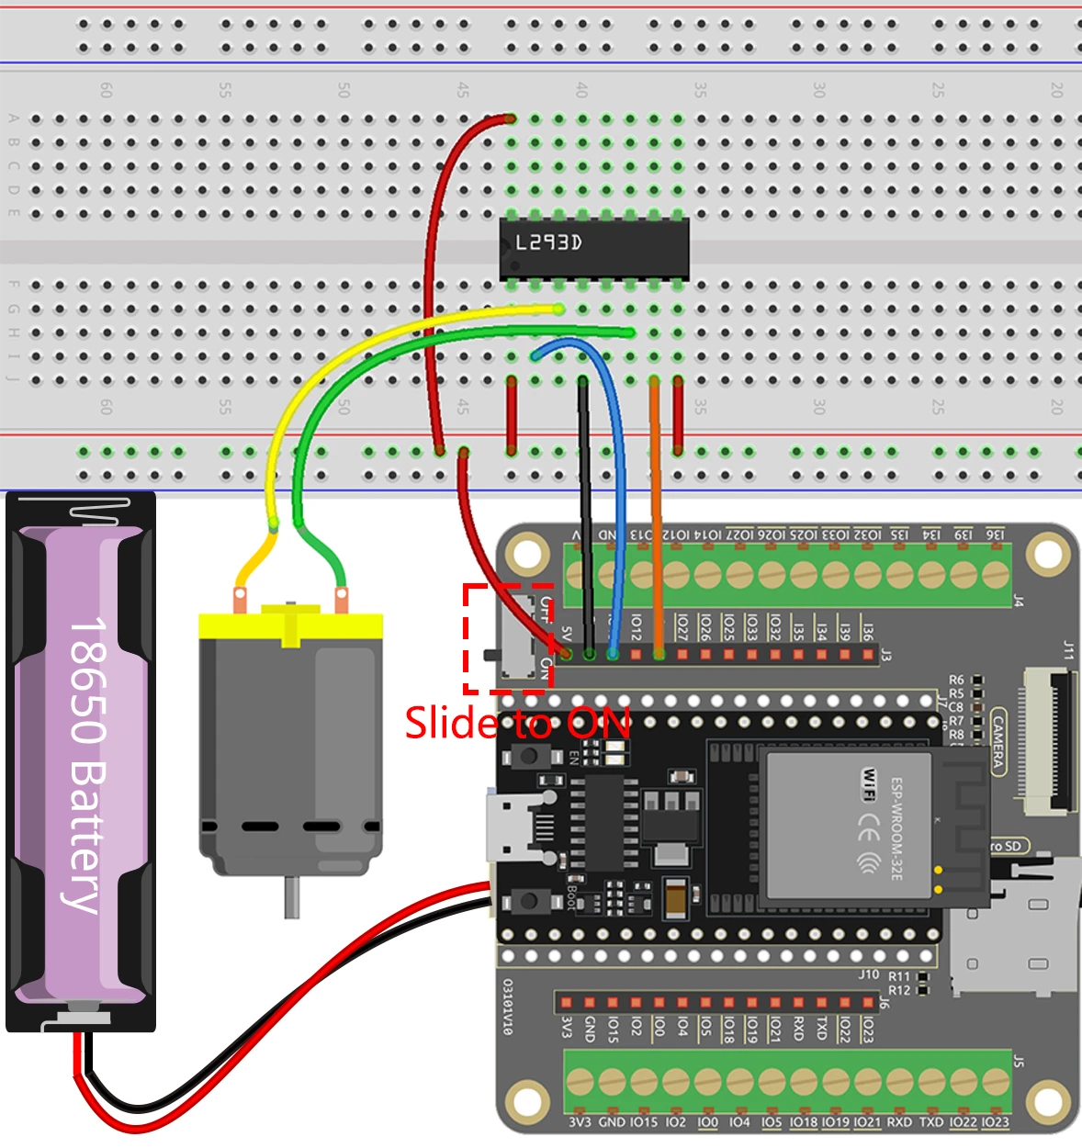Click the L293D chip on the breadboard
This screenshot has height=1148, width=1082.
[x=594, y=248]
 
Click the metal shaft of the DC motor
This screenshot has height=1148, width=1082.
[x=291, y=896]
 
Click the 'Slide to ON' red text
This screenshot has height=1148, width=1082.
[x=517, y=723]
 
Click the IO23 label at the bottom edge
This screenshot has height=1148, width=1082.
[x=995, y=1122]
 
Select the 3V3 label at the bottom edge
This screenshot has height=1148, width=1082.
[x=580, y=1122]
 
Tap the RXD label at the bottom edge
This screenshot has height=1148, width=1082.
[x=899, y=1122]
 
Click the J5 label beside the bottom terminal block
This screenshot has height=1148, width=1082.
[x=1018, y=1061]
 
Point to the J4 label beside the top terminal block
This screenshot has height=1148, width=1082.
[x=1018, y=602]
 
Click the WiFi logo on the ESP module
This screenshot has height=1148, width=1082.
[x=867, y=782]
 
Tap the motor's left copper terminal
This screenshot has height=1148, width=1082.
[x=241, y=601]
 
